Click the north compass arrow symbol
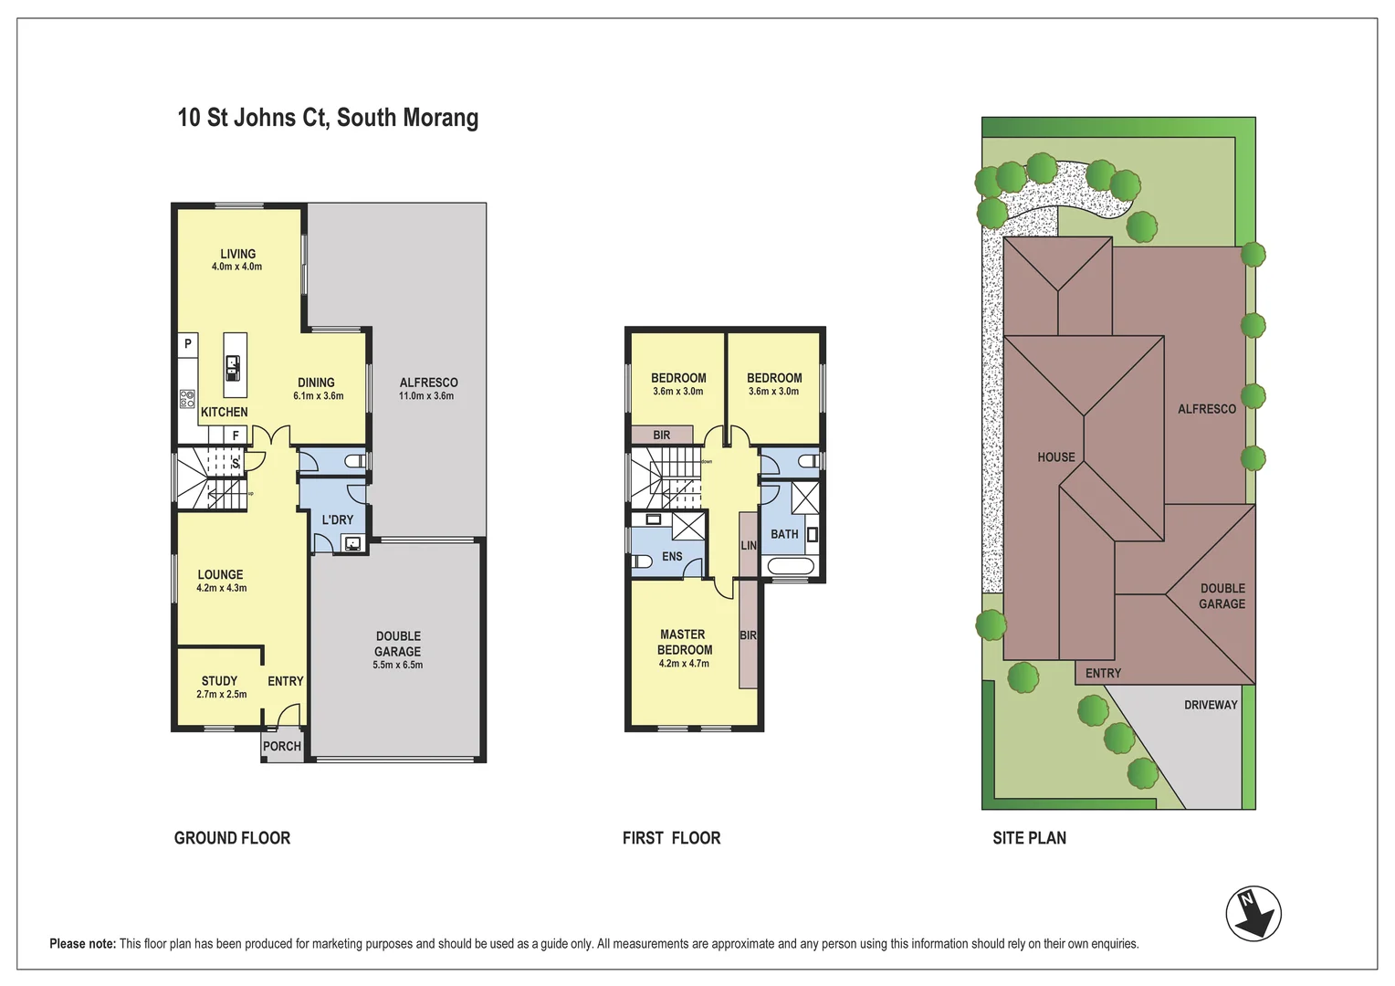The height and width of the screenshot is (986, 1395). coord(1253,914)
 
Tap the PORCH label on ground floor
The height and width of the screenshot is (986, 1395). coord(281,746)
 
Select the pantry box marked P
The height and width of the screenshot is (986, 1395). coord(187,344)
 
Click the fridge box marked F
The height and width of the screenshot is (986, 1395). coord(236,435)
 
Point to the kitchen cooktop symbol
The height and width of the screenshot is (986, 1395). coord(187,399)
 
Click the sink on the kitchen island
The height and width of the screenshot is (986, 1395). coord(233,368)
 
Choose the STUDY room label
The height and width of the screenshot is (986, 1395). coord(219,681)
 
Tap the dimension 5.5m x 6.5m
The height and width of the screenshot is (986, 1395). coord(397,665)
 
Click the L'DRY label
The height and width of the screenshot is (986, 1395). coord(338,519)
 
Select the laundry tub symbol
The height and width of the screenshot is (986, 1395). coord(352,544)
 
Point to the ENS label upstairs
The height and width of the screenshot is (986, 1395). coord(672,556)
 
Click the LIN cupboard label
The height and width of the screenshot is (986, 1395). coord(749,545)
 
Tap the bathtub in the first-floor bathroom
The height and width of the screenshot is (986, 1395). coord(791,566)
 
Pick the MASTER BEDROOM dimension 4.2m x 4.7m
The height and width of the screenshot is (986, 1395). coord(684,664)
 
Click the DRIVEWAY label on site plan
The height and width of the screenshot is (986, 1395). coord(1211,705)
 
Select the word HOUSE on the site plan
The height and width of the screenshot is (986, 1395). coord(1056,457)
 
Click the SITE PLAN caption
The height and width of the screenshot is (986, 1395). coord(1030,838)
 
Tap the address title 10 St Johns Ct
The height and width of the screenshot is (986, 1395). coord(252,118)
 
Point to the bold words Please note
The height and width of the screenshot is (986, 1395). coord(83,944)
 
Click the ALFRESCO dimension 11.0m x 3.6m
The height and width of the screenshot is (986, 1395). coord(426,395)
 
